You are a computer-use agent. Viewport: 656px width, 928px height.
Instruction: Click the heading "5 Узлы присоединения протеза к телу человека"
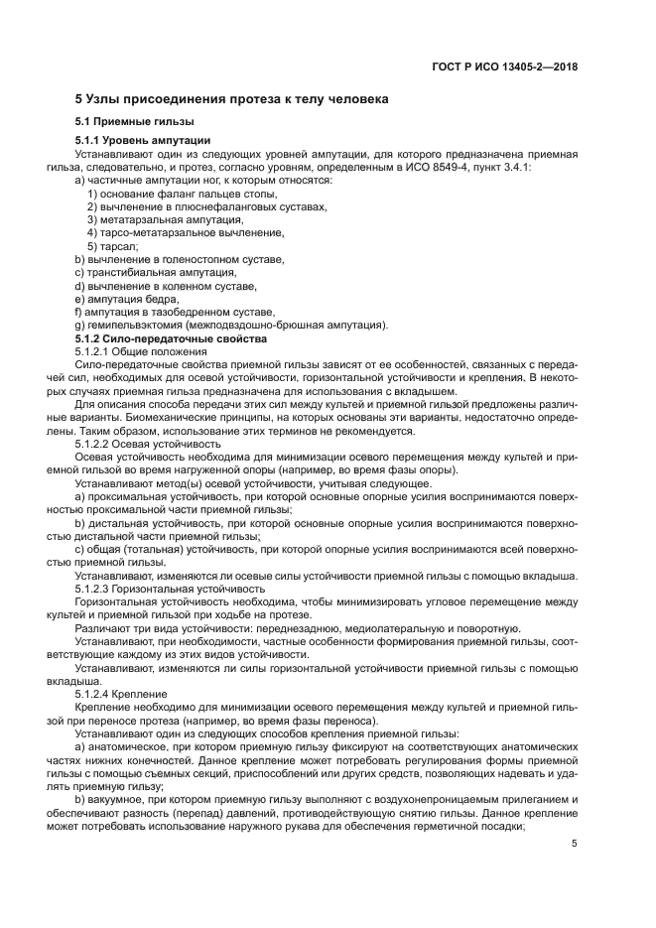(232, 99)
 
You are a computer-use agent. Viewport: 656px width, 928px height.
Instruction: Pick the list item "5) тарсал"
(112, 246)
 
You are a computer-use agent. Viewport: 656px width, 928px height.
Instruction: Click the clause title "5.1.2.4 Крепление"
(122, 694)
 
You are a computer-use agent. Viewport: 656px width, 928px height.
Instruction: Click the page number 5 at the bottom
(575, 844)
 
